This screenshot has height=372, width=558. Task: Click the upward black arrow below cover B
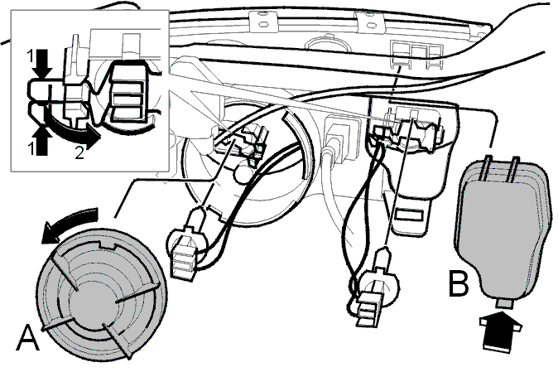click(499, 332)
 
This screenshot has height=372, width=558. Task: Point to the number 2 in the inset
click(79, 152)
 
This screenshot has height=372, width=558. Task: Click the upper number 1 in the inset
click(31, 56)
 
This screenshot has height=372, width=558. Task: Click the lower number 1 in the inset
click(31, 148)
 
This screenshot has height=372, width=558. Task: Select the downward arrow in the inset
click(43, 65)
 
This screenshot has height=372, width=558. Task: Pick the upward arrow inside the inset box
click(42, 140)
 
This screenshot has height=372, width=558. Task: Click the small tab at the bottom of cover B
click(503, 304)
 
